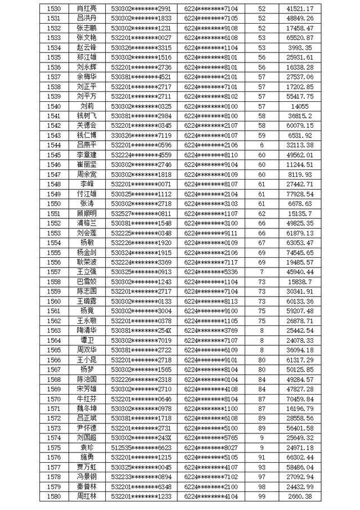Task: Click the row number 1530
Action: tap(55, 9)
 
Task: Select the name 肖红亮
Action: tap(87, 9)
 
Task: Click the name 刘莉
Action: tap(87, 105)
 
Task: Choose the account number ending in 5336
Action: tap(211, 271)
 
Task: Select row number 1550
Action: tap(55, 203)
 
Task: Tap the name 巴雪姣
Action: tap(87, 281)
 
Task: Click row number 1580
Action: tap(55, 496)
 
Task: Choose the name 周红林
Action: tap(87, 496)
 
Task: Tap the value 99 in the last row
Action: tap(261, 496)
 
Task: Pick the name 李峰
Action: tap(87, 184)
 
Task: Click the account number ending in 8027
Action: tap(211, 447)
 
